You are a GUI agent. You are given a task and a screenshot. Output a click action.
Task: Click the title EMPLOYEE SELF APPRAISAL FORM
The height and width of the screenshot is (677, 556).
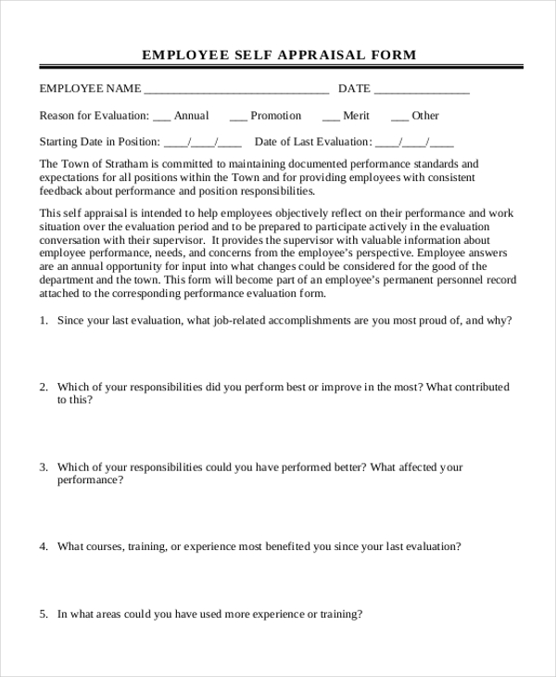279,55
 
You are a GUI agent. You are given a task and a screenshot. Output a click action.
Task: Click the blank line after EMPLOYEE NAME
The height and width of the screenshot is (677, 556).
236,90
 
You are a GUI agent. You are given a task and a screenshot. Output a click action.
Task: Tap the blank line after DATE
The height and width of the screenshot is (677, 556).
422,90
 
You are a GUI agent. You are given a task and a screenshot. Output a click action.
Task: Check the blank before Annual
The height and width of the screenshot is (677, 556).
161,117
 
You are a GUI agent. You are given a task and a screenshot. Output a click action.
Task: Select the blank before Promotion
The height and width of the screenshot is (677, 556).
238,117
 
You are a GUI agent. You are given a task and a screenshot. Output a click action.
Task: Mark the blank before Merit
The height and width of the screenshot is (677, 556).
331,117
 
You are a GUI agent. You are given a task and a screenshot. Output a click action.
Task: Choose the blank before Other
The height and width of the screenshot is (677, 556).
399,117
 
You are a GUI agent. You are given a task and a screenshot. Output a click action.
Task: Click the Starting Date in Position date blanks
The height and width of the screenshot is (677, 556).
202,143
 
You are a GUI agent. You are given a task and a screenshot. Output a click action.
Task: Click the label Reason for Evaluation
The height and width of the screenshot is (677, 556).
94,116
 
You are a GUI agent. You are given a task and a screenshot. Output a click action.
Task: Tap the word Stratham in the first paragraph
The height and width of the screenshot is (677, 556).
128,164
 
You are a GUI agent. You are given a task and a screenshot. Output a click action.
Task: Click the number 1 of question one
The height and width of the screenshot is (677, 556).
43,320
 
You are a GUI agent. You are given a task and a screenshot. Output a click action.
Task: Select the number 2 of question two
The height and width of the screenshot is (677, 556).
43,387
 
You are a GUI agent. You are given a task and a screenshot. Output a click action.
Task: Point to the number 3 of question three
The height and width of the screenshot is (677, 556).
43,467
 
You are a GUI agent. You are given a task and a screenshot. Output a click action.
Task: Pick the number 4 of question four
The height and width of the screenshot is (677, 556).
43,546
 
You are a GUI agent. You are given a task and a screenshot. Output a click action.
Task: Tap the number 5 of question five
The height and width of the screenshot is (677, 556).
43,614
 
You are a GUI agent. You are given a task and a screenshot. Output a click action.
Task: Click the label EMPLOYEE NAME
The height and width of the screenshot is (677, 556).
90,89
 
